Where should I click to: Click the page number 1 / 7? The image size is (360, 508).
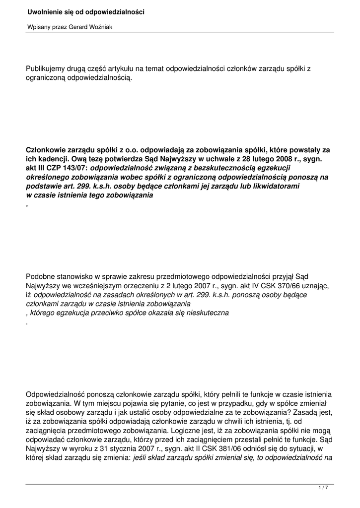[x=323, y=488]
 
